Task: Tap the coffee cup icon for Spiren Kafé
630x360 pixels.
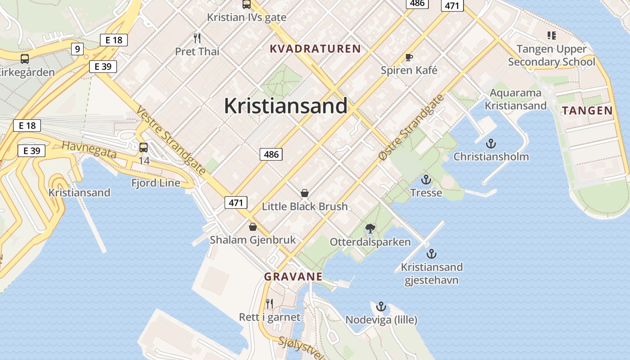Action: click(x=409, y=57)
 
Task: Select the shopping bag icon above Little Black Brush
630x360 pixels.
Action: click(x=305, y=193)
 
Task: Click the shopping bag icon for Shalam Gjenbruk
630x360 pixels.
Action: click(x=252, y=226)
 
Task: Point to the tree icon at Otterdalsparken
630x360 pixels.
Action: click(x=370, y=228)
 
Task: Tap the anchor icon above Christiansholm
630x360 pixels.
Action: click(x=491, y=144)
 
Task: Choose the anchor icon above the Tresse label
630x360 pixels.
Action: click(x=426, y=180)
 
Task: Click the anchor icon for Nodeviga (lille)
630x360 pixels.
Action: click(x=381, y=306)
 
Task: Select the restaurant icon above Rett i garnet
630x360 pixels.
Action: click(x=269, y=303)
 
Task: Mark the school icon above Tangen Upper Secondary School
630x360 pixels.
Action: click(x=551, y=35)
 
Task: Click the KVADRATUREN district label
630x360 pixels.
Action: click(x=315, y=49)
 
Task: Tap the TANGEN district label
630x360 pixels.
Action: click(x=587, y=111)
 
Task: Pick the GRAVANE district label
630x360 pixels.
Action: click(x=293, y=277)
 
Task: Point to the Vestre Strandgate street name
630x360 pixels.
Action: click(x=171, y=140)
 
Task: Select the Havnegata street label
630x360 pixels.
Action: click(x=89, y=150)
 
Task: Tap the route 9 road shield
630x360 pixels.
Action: click(x=77, y=49)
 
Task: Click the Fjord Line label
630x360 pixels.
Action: click(x=156, y=183)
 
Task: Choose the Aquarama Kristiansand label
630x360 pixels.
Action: click(x=516, y=99)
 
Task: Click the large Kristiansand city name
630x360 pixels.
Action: click(x=286, y=106)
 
